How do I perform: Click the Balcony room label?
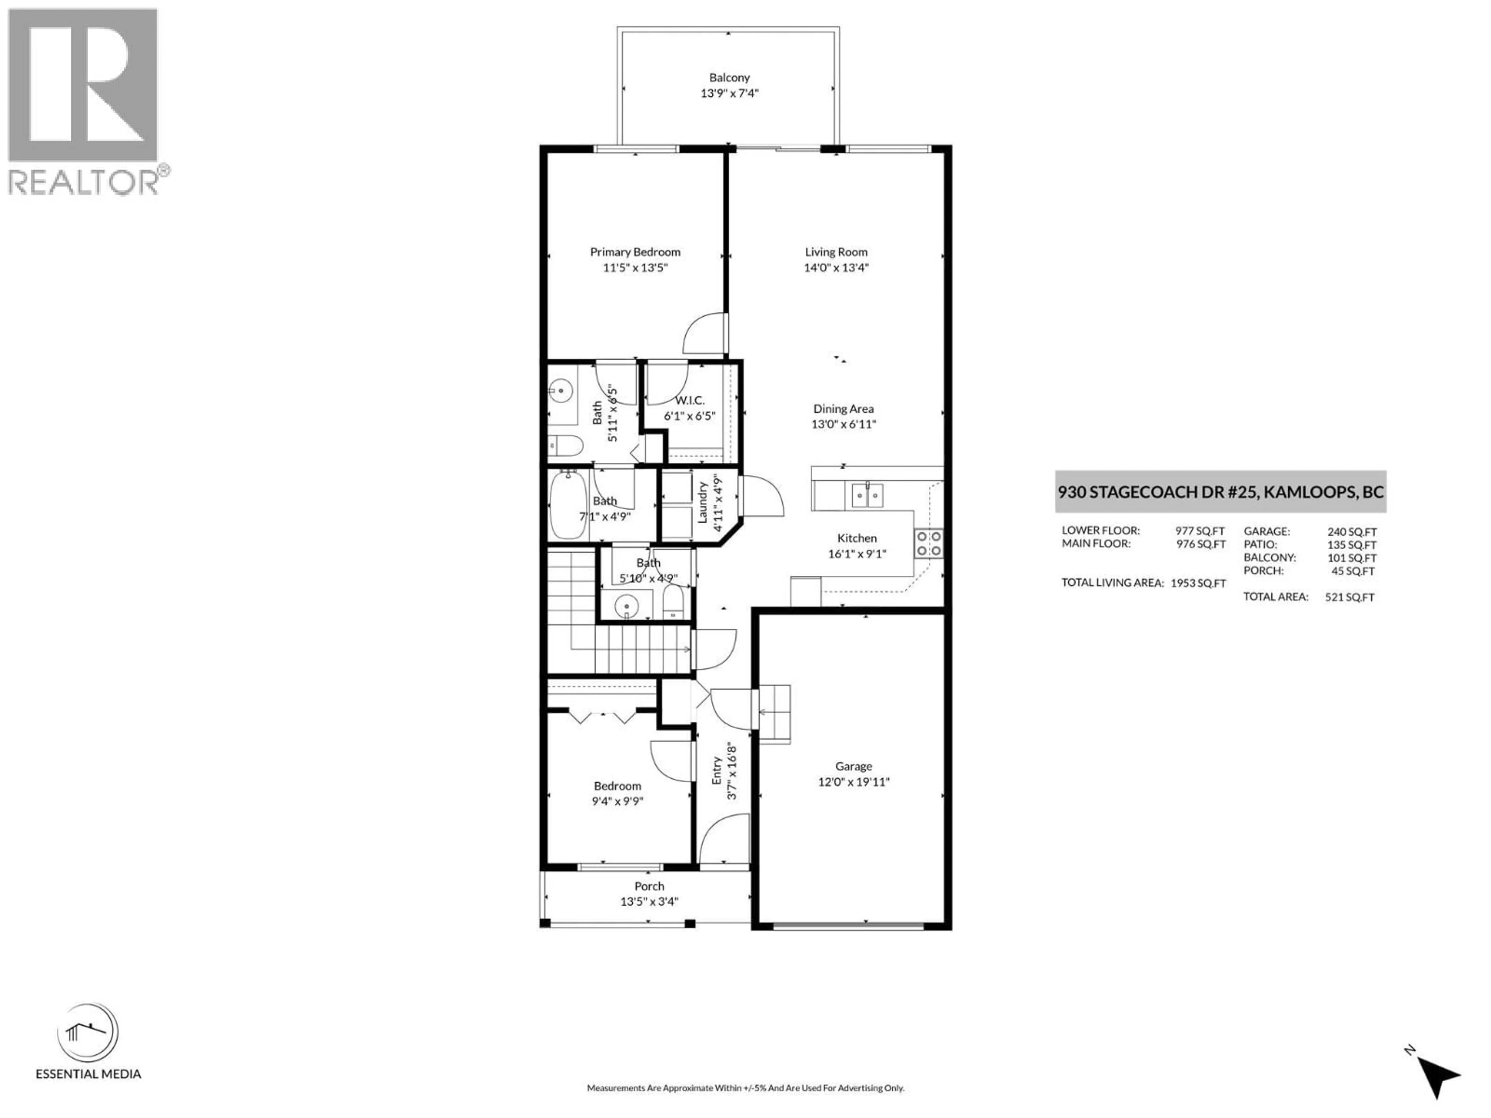point(729,78)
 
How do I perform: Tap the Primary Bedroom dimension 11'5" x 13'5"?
point(634,267)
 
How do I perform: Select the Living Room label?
point(836,252)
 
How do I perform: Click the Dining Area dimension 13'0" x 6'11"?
point(843,424)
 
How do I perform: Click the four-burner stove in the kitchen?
point(928,543)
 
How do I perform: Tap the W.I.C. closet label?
point(690,400)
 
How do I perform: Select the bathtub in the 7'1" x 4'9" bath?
point(568,504)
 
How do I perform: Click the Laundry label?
point(702,502)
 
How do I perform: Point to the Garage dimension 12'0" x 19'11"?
point(853,782)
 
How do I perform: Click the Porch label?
point(649,886)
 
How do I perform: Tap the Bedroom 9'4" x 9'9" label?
point(617,786)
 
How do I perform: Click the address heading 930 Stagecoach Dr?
point(1220,492)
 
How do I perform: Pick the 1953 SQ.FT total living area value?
point(1198,583)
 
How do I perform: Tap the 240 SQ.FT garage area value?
point(1352,532)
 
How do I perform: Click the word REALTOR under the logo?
point(83,182)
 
